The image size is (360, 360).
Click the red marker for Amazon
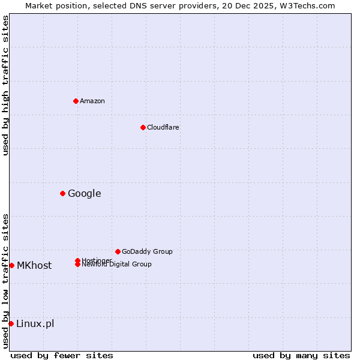[76, 101]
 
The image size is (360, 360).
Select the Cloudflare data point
[143, 127]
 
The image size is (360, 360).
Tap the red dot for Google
[62, 193]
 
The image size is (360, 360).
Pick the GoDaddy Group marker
[118, 251]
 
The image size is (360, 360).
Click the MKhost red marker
[11, 265]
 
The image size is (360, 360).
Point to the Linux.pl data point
[11, 323]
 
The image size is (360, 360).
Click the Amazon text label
[92, 101]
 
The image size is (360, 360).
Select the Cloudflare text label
[163, 127]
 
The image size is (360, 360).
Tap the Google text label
[85, 193]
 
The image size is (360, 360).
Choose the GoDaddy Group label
[147, 251]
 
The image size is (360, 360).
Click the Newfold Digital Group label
[117, 265]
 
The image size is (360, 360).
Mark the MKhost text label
[34, 265]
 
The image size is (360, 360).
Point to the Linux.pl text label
[35, 324]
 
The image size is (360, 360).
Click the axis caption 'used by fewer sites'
[62, 355]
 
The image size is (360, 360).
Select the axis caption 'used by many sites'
[301, 355]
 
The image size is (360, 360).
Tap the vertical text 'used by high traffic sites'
[5, 85]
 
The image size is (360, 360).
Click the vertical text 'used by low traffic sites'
[5, 280]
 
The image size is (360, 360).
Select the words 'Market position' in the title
[53, 5]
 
